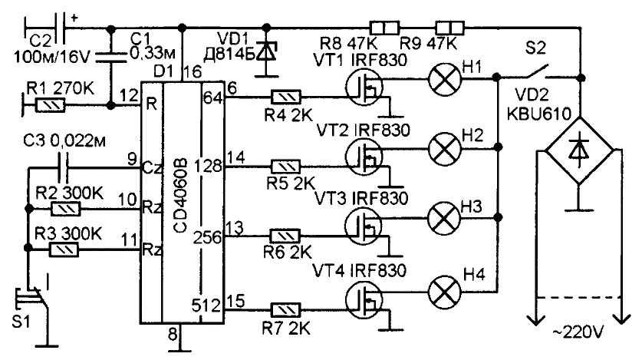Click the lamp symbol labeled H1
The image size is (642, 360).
click(444, 78)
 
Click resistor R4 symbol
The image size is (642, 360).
click(286, 97)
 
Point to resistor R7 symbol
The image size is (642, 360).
click(286, 310)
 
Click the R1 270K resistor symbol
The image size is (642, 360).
click(51, 106)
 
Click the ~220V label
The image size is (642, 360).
click(578, 332)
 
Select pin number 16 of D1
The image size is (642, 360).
click(193, 72)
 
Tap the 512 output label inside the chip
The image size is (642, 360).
click(206, 306)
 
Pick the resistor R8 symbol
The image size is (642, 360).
click(384, 28)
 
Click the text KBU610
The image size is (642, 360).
click(538, 114)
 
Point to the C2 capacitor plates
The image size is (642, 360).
click(59, 28)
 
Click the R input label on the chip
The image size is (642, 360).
click(152, 104)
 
